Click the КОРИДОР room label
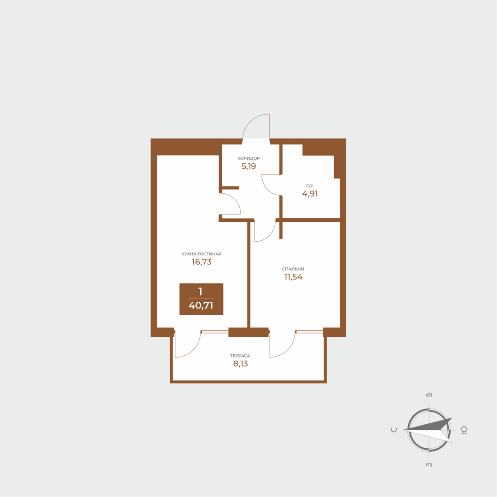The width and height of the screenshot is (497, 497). tap(248, 158)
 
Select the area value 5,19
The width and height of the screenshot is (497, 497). tap(248, 167)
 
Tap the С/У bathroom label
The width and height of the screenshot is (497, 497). tap(310, 185)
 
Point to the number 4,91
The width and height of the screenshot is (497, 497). tap(310, 194)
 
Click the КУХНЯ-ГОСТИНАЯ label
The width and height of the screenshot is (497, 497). tap(202, 254)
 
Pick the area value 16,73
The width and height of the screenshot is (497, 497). tap(202, 262)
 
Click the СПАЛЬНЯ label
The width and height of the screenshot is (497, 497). tap(293, 269)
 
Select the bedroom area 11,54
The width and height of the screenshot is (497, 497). tap(293, 277)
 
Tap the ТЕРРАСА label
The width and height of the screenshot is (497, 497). tap(240, 356)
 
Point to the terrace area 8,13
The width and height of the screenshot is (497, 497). tap(240, 364)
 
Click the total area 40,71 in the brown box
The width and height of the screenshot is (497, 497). tap(201, 305)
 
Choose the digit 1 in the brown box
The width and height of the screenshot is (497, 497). tap(200, 291)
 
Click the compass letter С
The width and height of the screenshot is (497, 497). tap(394, 430)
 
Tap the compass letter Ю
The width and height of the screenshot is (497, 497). tap(464, 430)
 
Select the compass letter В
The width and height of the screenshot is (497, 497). tap(429, 395)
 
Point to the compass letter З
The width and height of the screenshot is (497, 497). tap(429, 465)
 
